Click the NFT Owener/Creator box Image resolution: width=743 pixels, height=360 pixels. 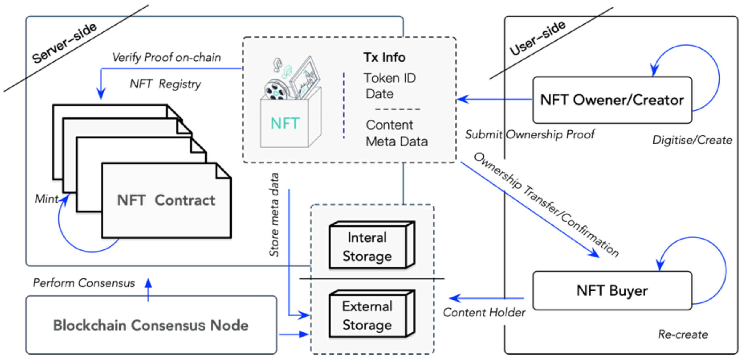(612, 100)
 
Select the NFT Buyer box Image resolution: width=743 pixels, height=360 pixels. (612, 291)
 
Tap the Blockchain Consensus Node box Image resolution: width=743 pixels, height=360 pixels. (151, 325)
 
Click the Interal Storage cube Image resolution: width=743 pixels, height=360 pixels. (372, 245)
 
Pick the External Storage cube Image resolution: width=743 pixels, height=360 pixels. (372, 314)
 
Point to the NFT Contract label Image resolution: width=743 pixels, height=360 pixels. (166, 200)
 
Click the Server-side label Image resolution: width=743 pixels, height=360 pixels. (64, 43)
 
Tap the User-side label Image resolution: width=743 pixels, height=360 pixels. (538, 38)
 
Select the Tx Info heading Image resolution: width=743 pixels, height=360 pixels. (384, 57)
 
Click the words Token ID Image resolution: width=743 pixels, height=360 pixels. (390, 78)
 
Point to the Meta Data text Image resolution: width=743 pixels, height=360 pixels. (397, 141)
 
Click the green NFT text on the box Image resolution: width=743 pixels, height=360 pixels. (285, 123)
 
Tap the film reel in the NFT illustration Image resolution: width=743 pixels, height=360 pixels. (276, 90)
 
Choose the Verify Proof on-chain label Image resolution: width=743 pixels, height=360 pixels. (166, 58)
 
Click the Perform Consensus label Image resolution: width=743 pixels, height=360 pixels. (84, 283)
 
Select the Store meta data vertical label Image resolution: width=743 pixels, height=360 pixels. (274, 214)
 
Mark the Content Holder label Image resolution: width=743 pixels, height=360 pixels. (484, 312)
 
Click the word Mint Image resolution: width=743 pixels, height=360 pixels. (47, 199)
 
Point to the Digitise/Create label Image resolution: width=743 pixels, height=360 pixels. (692, 140)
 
